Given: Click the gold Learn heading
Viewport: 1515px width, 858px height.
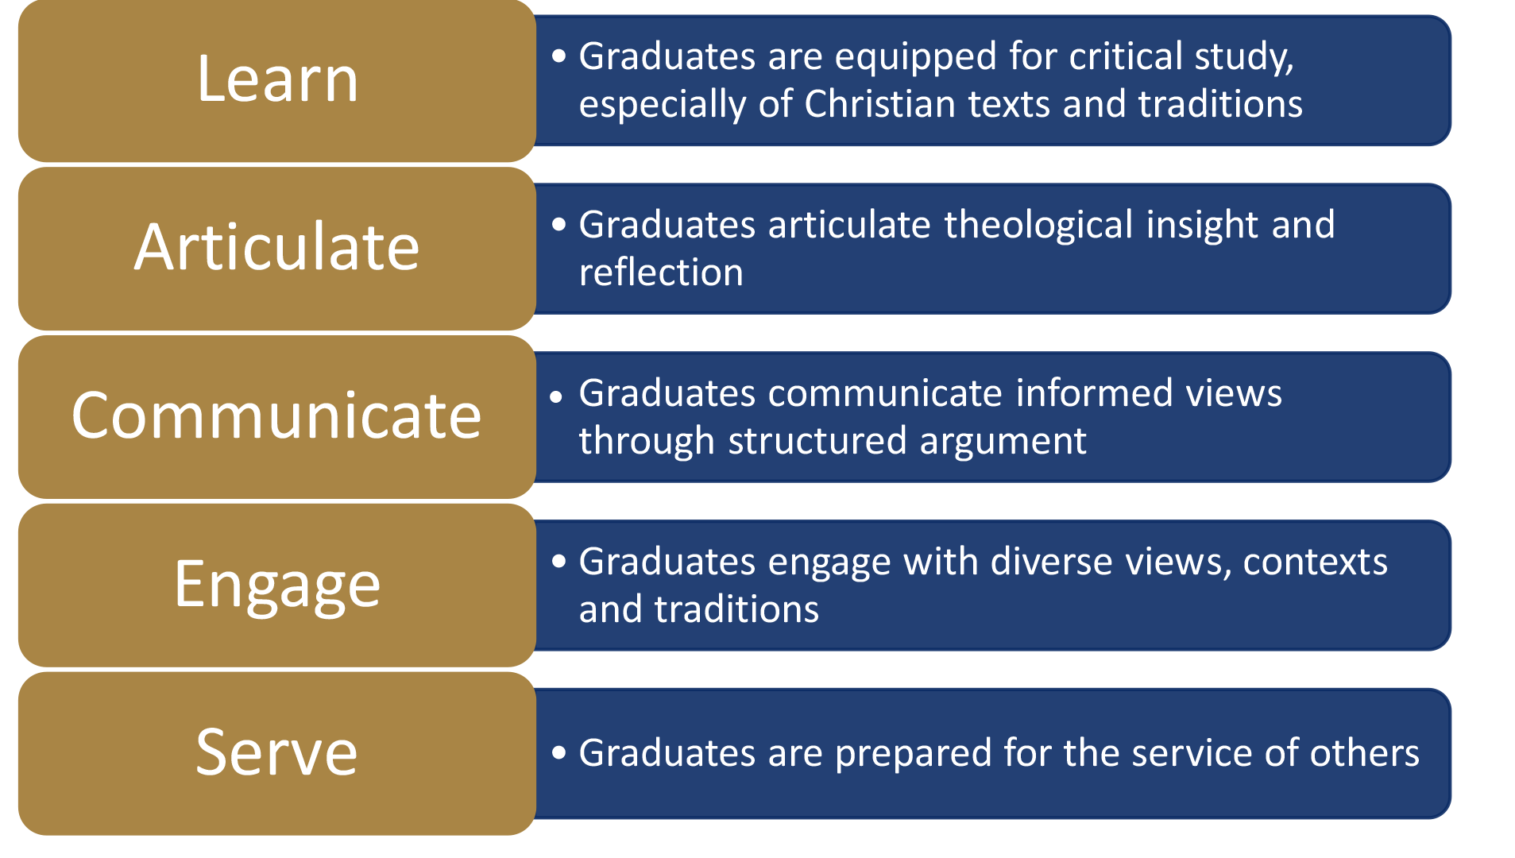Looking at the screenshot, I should [277, 79].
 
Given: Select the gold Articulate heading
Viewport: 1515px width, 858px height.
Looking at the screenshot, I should [276, 247].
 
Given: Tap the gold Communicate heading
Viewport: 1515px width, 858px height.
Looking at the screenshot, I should [276, 415].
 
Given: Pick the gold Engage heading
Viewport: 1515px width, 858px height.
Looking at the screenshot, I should [276, 585].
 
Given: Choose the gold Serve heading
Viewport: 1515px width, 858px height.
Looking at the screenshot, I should [276, 752].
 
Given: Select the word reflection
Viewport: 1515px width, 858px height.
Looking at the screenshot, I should [661, 272].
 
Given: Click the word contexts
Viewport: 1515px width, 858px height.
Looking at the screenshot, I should [1315, 562].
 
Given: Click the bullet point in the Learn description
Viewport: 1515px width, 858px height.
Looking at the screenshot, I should [559, 56].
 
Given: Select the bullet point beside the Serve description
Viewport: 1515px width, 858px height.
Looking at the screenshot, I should [559, 752].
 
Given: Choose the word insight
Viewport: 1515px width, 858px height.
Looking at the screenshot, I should [1202, 225].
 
